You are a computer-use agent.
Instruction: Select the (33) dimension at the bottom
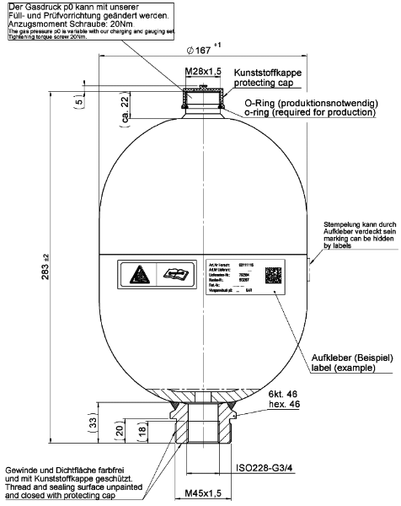[94, 422]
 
